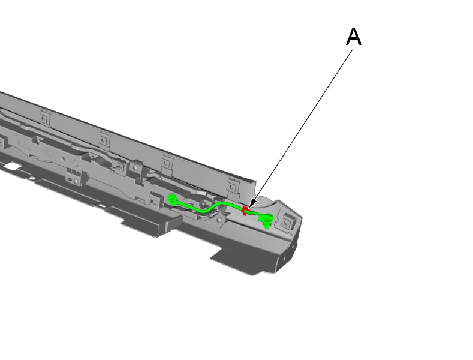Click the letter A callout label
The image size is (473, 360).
click(354, 38)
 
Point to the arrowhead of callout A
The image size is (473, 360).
click(251, 205)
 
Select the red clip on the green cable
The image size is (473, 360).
click(245, 210)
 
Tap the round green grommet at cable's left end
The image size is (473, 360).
click(173, 199)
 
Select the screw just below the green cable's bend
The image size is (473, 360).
click(220, 220)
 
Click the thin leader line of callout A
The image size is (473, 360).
click(303, 126)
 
